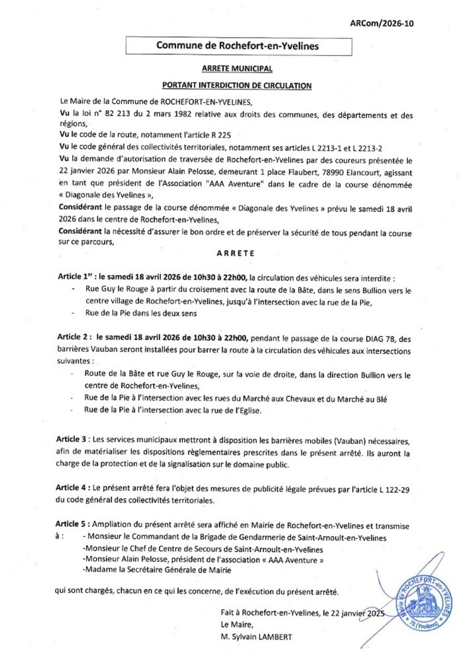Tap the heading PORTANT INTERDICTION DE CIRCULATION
tap(236, 85)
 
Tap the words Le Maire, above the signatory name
tap(237, 623)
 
